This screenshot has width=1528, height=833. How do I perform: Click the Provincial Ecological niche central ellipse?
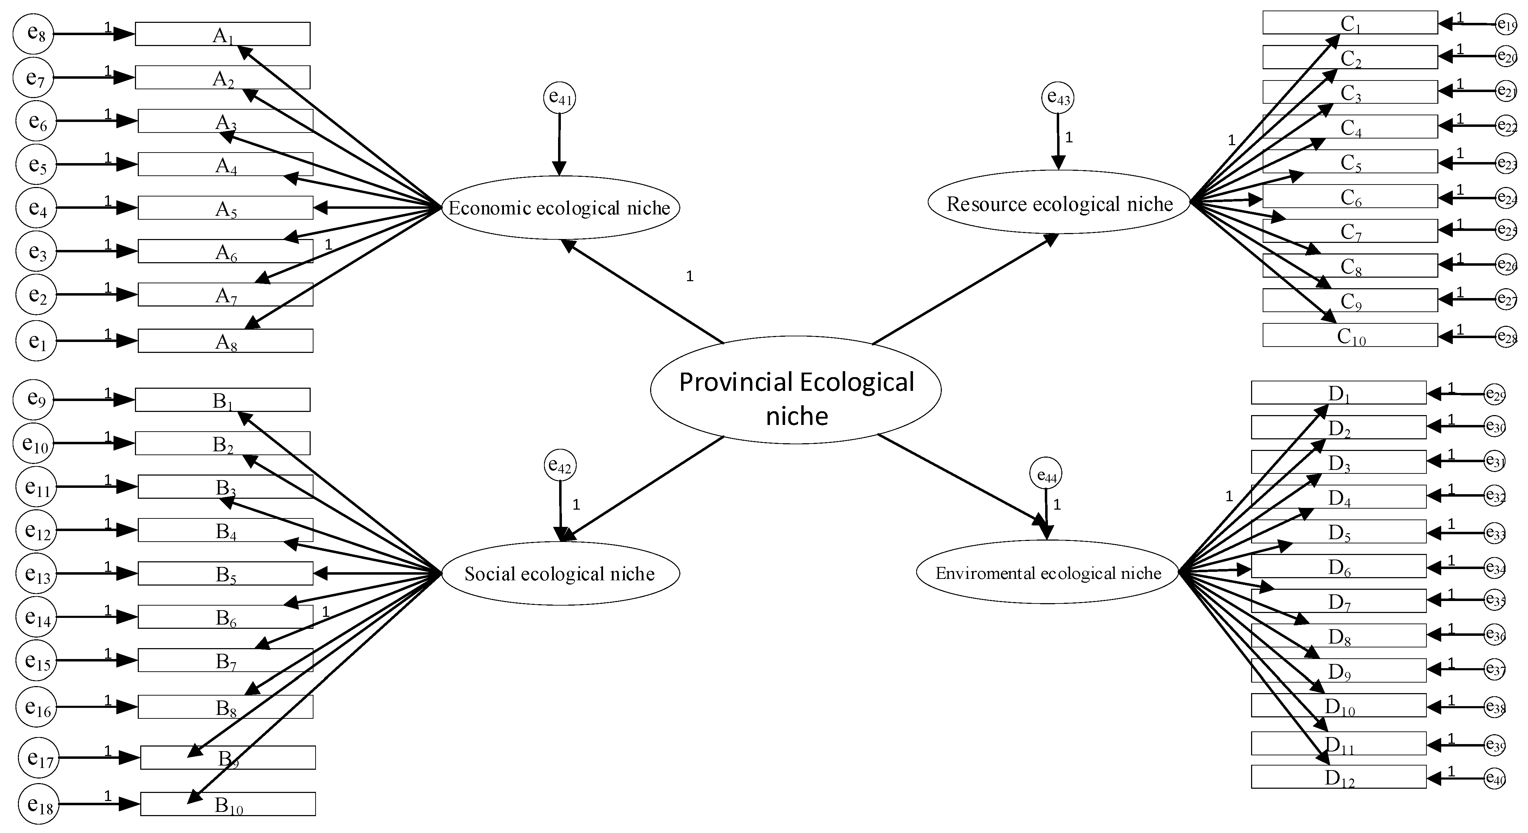[796, 390]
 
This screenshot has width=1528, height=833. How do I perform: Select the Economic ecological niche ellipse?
[560, 208]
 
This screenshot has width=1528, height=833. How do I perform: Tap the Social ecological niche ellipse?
[560, 573]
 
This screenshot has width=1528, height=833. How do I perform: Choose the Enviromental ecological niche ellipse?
[1048, 572]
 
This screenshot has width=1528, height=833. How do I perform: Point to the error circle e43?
[1058, 97]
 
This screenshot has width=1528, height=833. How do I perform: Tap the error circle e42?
[560, 466]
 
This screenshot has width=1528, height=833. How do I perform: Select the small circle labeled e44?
[1046, 474]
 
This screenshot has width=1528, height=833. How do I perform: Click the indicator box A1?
[222, 34]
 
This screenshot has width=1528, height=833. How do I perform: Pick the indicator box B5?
[225, 573]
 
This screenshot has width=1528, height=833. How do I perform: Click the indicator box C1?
[1350, 22]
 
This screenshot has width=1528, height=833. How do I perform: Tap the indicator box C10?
[1350, 335]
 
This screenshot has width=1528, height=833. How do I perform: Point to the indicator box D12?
[1339, 777]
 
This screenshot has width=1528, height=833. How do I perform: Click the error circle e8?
[33, 34]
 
